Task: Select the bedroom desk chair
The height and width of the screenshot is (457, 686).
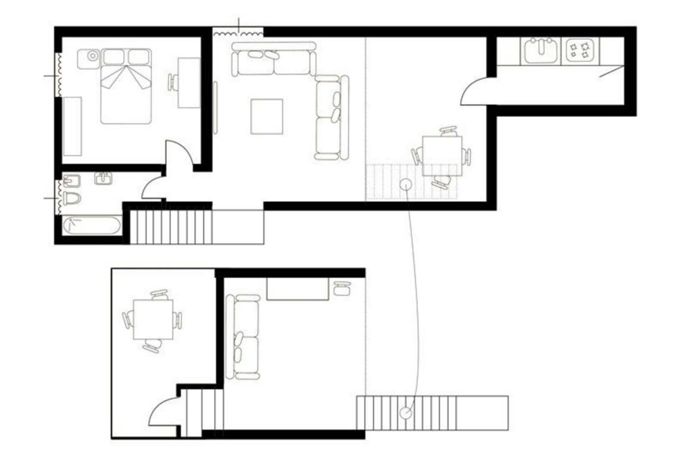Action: coord(173,82)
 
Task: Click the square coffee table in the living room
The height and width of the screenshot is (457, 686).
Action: coord(267,117)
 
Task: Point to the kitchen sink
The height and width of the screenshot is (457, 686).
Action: coord(541,51)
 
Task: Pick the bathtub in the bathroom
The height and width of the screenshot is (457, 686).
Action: coord(92,226)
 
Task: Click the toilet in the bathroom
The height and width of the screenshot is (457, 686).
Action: coord(71,199)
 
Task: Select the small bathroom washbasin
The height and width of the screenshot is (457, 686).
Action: coord(104,178)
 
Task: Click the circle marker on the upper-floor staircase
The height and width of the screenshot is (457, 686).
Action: coord(405,185)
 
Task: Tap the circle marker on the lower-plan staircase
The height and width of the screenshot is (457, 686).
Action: coord(406,412)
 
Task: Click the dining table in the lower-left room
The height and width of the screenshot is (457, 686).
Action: coord(153,319)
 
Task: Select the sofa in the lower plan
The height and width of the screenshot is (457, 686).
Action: coord(243,337)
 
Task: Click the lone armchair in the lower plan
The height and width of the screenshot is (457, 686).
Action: coord(342,288)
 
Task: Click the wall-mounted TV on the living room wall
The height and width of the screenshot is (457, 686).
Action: coord(215,108)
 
